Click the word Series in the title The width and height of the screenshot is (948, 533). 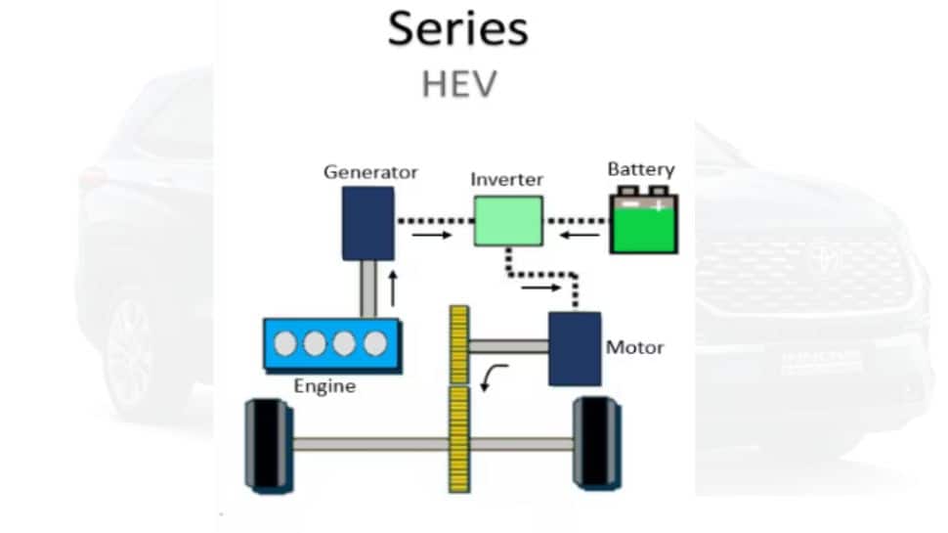click(x=457, y=28)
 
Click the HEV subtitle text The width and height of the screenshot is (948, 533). click(x=458, y=84)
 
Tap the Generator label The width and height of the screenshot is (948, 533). click(x=370, y=172)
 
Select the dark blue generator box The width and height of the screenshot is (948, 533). click(x=367, y=223)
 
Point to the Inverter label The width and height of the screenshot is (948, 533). click(x=506, y=180)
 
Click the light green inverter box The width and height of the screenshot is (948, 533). click(x=508, y=221)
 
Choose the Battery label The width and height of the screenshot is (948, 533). click(x=641, y=169)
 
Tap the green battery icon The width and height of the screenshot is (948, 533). click(x=644, y=222)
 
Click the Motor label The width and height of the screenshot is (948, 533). click(x=634, y=347)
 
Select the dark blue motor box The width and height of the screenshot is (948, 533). click(x=574, y=348)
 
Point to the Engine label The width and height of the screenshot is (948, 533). click(x=324, y=386)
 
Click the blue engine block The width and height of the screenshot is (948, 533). click(x=331, y=344)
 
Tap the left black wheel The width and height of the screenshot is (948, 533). click(x=267, y=444)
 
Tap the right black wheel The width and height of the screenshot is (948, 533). click(x=595, y=443)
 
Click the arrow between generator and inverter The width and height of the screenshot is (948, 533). click(x=432, y=236)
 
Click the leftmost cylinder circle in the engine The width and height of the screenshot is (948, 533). click(x=286, y=344)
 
